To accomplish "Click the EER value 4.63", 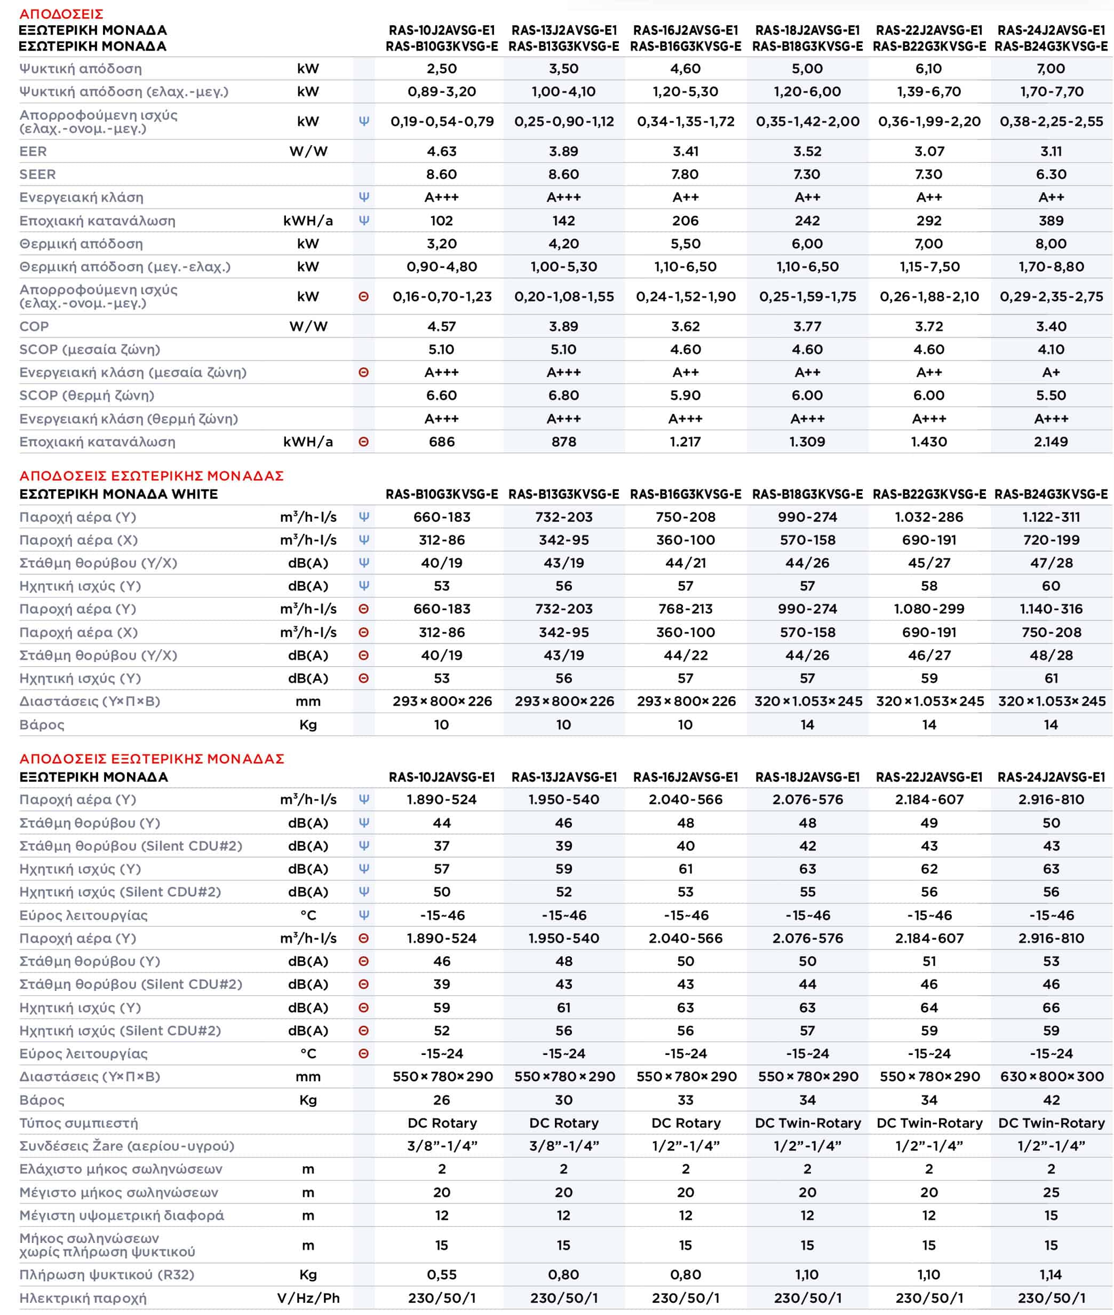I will tap(441, 152).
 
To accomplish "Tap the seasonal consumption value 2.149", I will tap(1051, 442).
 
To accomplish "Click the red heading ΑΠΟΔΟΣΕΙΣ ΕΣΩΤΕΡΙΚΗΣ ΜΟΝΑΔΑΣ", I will tap(152, 476).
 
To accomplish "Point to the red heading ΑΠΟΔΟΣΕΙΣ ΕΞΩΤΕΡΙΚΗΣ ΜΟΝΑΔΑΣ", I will tap(152, 758).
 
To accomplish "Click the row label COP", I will tap(34, 327).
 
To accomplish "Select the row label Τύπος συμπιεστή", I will tap(78, 1123).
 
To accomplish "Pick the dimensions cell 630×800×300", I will tap(1052, 1077).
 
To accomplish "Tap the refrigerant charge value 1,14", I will tap(1051, 1274).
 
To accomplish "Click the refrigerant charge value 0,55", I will tap(441, 1274).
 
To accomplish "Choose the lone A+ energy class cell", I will tap(1051, 372).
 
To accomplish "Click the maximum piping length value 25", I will tap(1051, 1192).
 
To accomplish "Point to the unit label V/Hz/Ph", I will tap(308, 1298).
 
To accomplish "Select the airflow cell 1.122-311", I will tap(1051, 517).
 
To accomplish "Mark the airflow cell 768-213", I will tap(685, 609).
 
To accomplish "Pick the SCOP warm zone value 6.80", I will tap(563, 396).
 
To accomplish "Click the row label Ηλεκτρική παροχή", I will tap(83, 1298).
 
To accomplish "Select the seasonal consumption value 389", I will tap(1051, 221).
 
